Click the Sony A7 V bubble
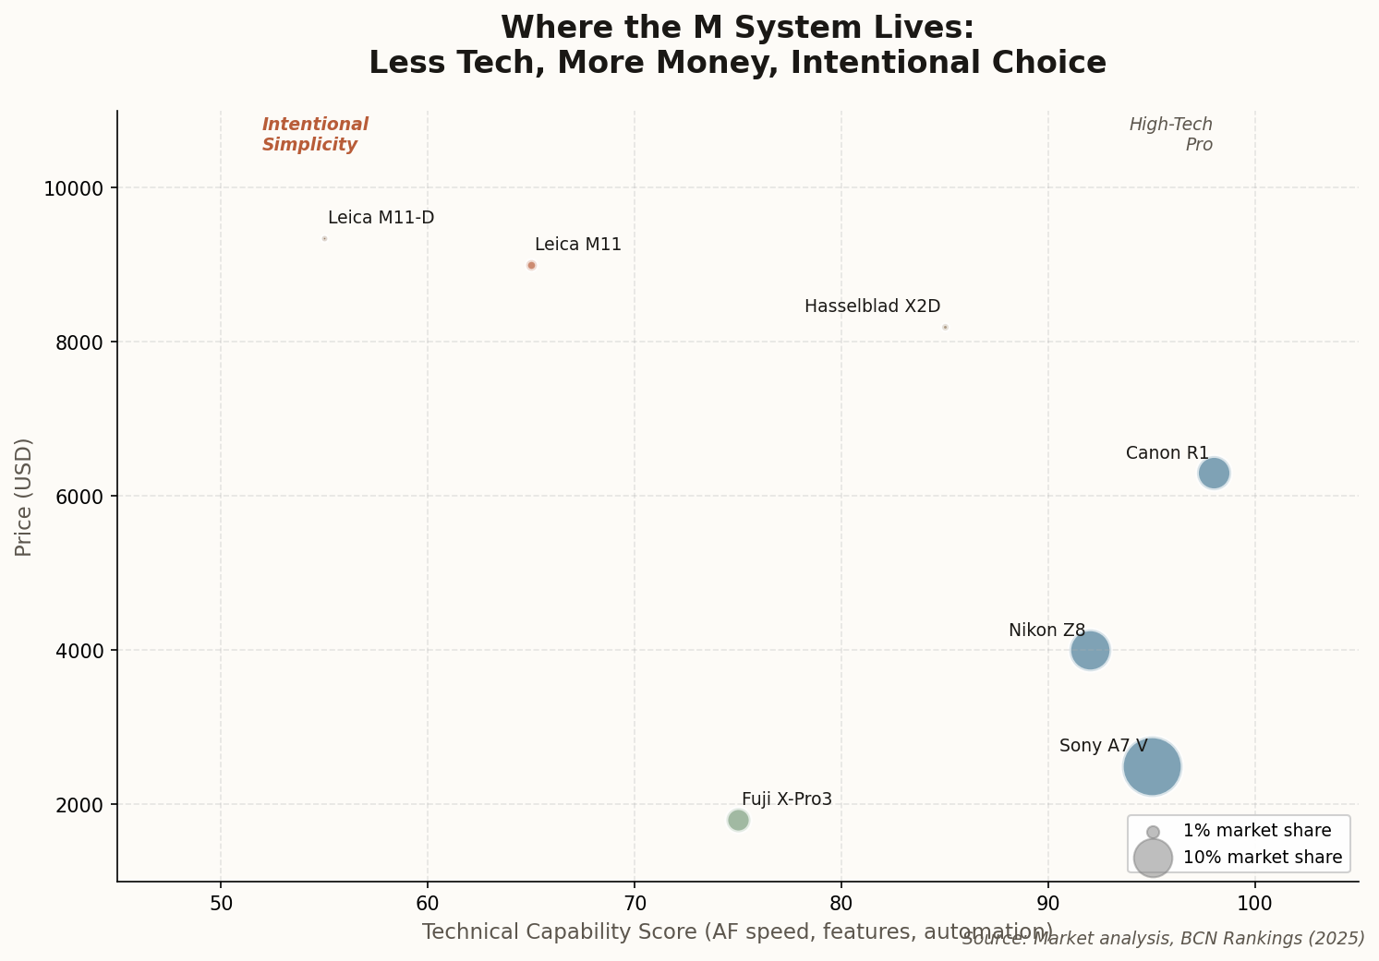(1152, 766)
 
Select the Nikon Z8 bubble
(1090, 650)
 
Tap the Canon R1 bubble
(1214, 474)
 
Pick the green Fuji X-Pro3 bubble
(738, 820)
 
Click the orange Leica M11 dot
(531, 265)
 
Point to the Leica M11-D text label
(381, 218)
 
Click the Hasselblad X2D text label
(872, 306)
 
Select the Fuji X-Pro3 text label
(787, 799)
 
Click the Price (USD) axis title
(24, 497)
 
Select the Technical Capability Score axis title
(737, 931)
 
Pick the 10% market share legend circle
(1153, 858)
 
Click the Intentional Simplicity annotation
(315, 135)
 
